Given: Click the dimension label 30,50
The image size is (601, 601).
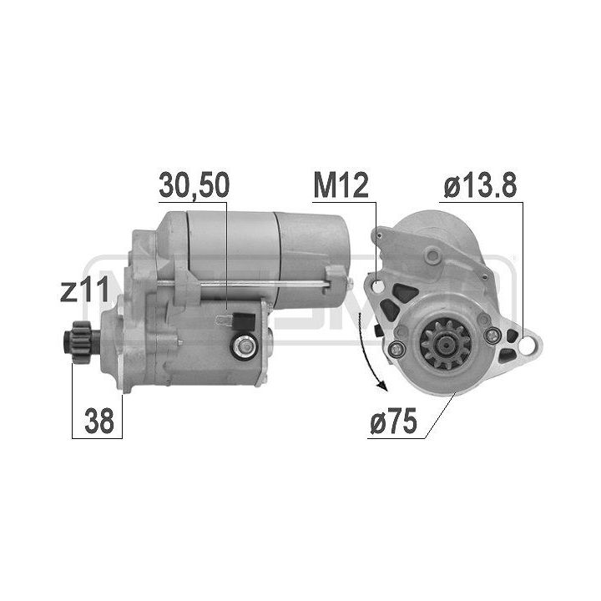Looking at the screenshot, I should (x=194, y=186).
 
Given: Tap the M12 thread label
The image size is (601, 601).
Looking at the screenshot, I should (x=341, y=186).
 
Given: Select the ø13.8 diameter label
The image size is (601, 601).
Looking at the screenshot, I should (x=479, y=186).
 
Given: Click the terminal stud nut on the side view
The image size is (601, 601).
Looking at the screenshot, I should (x=245, y=343).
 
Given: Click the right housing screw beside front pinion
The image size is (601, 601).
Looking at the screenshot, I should (x=493, y=336).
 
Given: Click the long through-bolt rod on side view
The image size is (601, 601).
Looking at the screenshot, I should (x=250, y=287).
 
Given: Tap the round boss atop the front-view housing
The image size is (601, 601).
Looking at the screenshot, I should (x=432, y=254).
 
